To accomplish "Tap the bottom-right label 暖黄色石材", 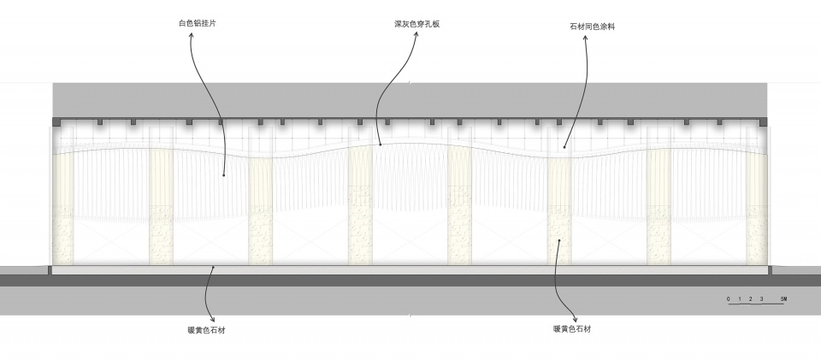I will tap(572, 328).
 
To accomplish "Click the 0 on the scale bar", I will tap(729, 298).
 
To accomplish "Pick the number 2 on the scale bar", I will tap(750, 298).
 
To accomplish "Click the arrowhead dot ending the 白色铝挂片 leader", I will tap(224, 175).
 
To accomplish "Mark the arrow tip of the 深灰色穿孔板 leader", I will tap(379, 146).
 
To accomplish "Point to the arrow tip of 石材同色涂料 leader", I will tap(564, 147).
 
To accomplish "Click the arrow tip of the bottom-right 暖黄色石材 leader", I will tap(559, 241).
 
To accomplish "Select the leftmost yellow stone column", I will tap(62, 205).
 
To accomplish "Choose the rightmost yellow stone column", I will tap(757, 205).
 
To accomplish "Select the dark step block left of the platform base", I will tap(50, 270).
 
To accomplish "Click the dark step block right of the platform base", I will tap(770, 270).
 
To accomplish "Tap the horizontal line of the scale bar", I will tap(757, 305).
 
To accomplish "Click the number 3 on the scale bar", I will tap(760, 298).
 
